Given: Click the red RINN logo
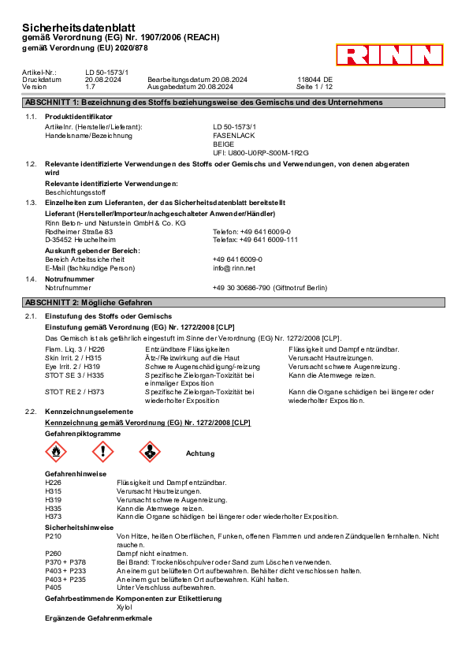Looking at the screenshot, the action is point(389,54).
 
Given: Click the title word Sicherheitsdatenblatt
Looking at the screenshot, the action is point(79,28).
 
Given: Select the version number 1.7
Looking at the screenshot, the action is point(90,87).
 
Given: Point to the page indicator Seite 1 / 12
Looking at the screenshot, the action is point(314,87).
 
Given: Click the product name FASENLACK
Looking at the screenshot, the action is point(233,136).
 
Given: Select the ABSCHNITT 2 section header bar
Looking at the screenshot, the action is point(233,302).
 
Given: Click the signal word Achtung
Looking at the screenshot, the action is point(200,453).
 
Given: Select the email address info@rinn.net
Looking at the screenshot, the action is point(234,268).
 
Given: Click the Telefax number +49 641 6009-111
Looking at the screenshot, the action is point(269,240).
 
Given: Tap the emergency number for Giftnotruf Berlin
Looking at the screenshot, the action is point(241,288).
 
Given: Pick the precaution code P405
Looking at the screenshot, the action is point(54,588).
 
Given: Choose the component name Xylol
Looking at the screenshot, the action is point(125,607).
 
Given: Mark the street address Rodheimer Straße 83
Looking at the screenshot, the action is point(79,232).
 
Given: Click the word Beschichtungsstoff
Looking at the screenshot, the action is point(76,192).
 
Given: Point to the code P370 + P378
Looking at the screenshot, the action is point(65,562).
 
